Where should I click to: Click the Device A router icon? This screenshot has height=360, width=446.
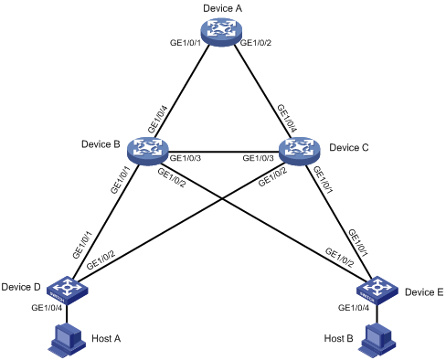[x=223, y=33]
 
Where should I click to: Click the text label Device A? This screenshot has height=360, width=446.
[x=223, y=8]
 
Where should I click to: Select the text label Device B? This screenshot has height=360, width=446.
[x=101, y=143]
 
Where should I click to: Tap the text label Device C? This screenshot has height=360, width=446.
[x=349, y=146]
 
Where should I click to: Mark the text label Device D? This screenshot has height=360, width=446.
[x=23, y=288]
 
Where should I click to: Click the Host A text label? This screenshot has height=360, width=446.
[x=107, y=338]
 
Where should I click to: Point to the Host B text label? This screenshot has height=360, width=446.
[x=339, y=338]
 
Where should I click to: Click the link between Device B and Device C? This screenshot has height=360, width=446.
[x=223, y=152]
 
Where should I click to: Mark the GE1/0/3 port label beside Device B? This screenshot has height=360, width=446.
[x=186, y=160]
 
